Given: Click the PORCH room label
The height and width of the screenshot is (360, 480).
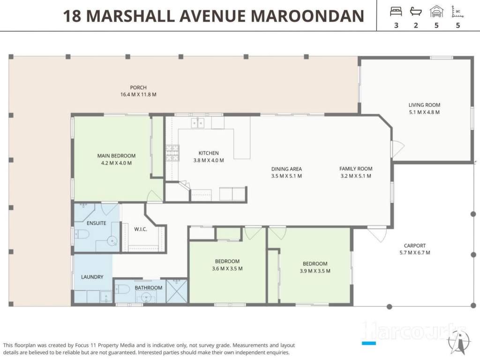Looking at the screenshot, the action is pos(138,88).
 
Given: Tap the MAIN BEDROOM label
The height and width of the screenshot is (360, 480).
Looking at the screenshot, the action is pos(116,156).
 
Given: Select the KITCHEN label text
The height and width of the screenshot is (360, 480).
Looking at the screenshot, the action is pos(209,153).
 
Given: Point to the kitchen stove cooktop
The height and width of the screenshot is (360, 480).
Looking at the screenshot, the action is pos(172,153).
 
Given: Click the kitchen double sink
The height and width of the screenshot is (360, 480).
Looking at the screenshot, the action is pos(197,123).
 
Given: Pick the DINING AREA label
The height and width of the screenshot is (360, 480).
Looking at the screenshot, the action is pos(286,169).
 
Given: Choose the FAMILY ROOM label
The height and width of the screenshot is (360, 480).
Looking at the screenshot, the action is pos(356,169).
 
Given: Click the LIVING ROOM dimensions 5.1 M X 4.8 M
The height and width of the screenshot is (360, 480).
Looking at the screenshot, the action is pos(424,112).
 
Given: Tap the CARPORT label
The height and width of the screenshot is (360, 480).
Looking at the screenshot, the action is pos(415,246).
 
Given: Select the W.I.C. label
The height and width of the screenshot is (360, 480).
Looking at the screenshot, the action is pos(141,229).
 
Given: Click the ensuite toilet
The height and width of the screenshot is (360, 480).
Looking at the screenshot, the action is pos(82,234).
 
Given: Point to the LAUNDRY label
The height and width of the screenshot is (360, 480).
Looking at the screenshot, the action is pos(92,277).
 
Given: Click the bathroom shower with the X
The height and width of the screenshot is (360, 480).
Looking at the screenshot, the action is pos(177,291).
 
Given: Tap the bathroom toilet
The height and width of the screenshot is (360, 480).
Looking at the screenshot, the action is pos(122,289).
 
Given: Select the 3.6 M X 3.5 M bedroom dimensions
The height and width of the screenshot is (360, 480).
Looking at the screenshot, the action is pos(227,269).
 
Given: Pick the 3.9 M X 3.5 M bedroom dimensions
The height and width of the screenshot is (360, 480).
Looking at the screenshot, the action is pos(315,271).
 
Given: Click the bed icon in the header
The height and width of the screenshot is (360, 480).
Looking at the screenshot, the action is pos(396,12).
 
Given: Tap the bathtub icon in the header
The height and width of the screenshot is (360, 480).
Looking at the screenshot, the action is pos(416,12).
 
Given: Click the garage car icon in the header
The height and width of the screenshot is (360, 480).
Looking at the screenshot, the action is pos(436,12).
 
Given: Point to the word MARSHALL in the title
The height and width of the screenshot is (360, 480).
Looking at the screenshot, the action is pos(131,16).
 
